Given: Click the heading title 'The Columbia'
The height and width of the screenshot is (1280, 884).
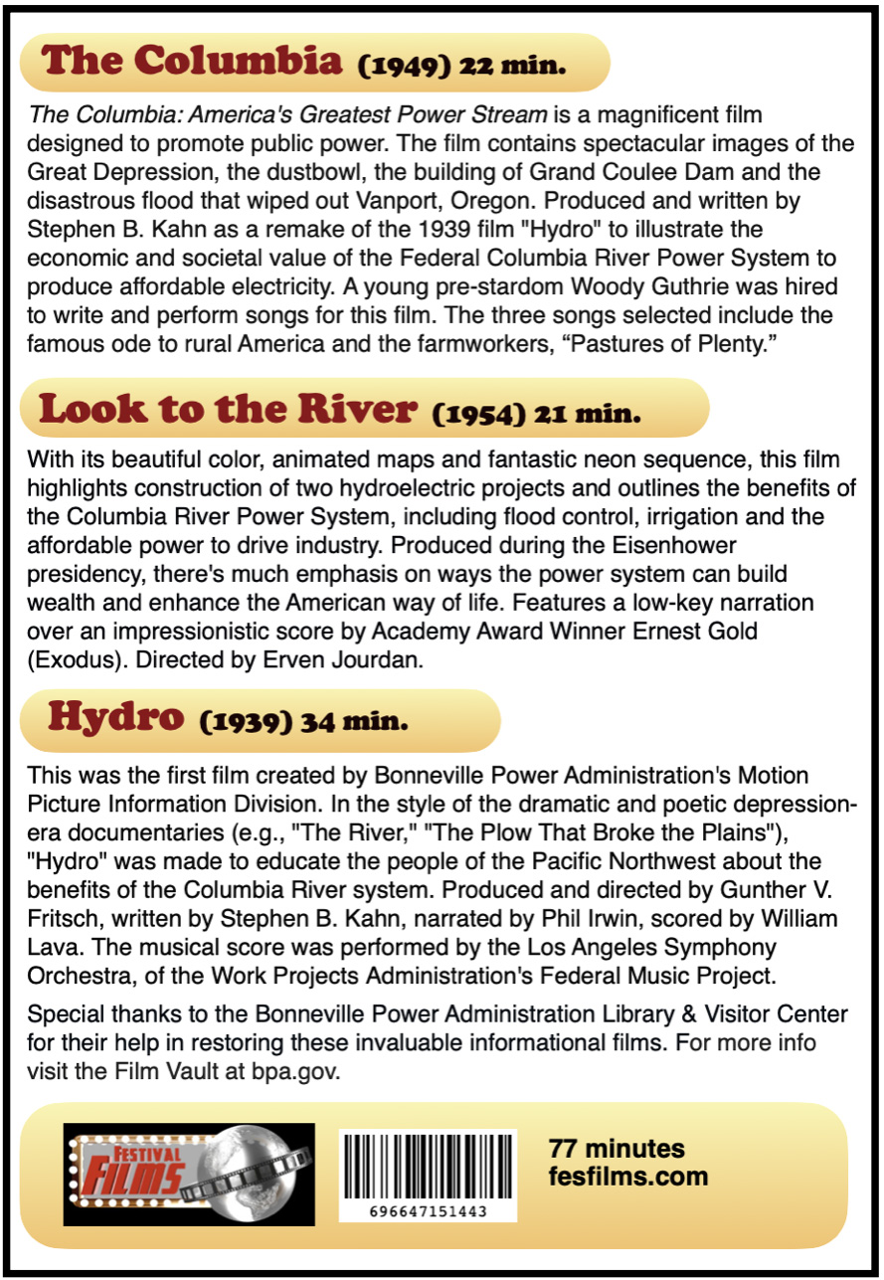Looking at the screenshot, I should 192,62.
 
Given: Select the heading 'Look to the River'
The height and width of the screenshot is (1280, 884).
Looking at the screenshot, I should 226,408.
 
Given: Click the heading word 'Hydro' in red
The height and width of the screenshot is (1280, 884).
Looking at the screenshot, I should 115,716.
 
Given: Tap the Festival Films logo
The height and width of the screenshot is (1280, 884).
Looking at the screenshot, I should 189,1174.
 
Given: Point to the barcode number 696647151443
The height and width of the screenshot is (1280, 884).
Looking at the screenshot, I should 428,1211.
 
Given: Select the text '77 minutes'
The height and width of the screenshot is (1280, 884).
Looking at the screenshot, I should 617,1149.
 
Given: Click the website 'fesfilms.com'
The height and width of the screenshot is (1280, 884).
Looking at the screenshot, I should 628,1177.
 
